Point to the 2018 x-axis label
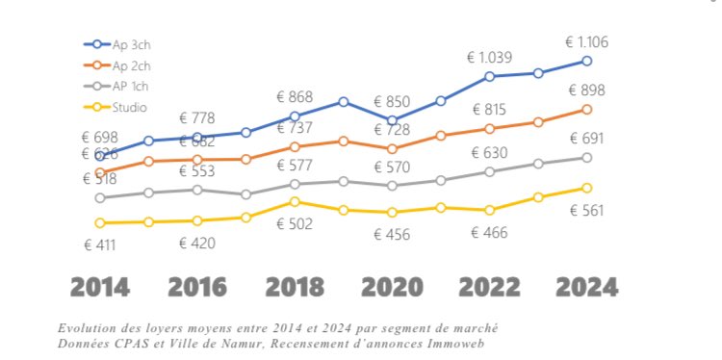pyautogui.click(x=295, y=287)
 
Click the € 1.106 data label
pyautogui.click(x=586, y=41)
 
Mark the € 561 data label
pyautogui.click(x=586, y=211)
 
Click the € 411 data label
pyautogui.click(x=99, y=244)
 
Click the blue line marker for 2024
pyautogui.click(x=586, y=62)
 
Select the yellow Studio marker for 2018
pyautogui.click(x=295, y=202)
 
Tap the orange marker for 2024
pyautogui.click(x=586, y=110)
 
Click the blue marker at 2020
pyautogui.click(x=392, y=120)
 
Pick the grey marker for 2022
pyautogui.click(x=490, y=171)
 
